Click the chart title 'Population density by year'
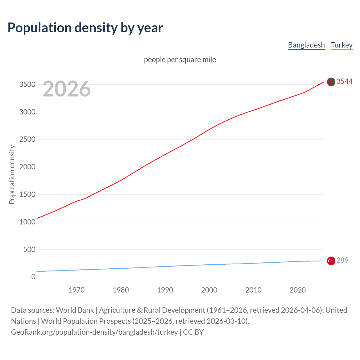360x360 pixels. [x=85, y=28]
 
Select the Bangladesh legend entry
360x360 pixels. [x=306, y=45]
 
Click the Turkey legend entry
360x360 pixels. [x=341, y=45]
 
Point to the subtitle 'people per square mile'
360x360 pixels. [x=180, y=60]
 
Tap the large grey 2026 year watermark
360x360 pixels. [x=67, y=89]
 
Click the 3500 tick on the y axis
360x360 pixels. [x=27, y=85]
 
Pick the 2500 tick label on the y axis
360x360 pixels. [x=27, y=139]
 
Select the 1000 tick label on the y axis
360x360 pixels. [x=27, y=222]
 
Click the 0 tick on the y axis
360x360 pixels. [x=33, y=277]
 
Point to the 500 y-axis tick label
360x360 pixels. [x=29, y=249]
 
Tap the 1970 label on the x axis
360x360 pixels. [x=76, y=290]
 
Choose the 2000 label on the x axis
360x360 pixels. [x=209, y=290]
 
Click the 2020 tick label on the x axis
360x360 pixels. [x=298, y=290]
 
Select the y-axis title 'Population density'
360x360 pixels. [x=12, y=174]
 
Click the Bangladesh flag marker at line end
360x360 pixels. [x=331, y=82]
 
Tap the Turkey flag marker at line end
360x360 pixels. [x=331, y=261]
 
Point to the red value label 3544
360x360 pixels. [x=344, y=81]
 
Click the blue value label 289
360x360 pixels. [x=342, y=260]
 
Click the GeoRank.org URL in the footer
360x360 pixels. [x=94, y=332]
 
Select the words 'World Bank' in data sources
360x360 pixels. [x=75, y=310]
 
